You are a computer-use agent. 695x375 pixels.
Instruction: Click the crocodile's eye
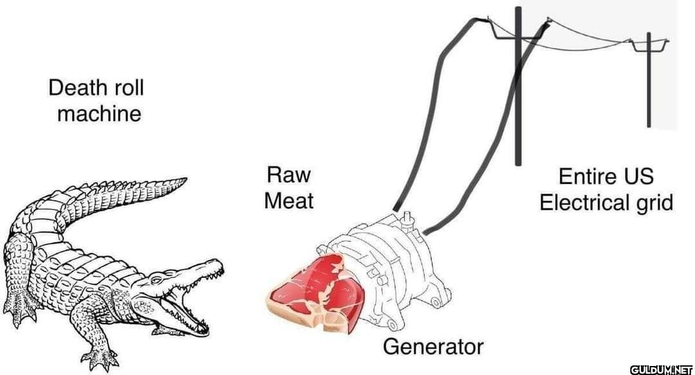point(156,280)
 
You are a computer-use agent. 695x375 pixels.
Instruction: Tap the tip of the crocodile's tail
point(186,179)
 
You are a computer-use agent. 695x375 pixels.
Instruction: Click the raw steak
point(317,292)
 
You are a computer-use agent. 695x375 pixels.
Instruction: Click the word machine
point(99,113)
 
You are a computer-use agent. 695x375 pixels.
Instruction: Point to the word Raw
point(288,174)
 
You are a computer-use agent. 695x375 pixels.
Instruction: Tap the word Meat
point(288,200)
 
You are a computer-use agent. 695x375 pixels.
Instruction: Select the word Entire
point(581,176)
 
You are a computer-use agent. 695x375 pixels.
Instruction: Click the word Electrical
point(580,203)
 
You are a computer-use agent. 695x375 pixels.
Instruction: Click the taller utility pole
point(517,86)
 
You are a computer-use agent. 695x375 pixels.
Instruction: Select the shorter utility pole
point(649,80)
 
